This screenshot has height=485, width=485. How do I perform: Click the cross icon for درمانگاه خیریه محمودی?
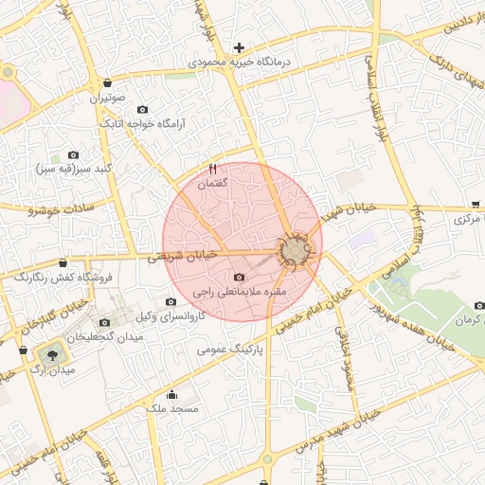pos(239,46)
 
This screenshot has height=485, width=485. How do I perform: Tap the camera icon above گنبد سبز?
pos(73,154)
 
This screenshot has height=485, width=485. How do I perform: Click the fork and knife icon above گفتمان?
pos(213,169)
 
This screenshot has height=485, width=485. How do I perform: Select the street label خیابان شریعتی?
pos(184,255)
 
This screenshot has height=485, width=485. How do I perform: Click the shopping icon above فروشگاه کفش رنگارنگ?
pos(63,262)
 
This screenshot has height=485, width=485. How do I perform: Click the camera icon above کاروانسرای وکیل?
pos(171,301)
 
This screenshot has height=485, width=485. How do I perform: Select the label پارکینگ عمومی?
pos(228,349)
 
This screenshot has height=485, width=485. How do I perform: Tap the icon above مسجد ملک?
pos(171,394)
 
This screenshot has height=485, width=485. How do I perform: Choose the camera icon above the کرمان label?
pos(478,306)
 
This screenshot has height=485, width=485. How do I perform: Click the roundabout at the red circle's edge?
pos(296,251)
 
